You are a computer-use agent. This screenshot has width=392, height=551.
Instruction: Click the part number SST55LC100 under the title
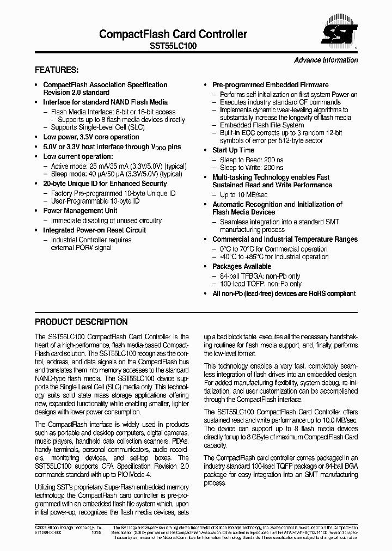[x=173, y=47]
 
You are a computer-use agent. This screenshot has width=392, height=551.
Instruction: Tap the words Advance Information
[x=326, y=60]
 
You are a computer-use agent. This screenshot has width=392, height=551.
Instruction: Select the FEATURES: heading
[x=57, y=70]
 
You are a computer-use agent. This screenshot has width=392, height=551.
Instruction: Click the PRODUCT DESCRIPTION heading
[x=81, y=322]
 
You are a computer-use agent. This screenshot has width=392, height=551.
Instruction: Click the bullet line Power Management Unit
[x=80, y=211]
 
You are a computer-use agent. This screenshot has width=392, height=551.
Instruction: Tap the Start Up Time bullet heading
[x=233, y=150]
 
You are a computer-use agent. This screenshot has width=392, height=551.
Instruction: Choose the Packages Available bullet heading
[x=241, y=267]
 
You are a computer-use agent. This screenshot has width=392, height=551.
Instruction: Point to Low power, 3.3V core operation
[x=91, y=137]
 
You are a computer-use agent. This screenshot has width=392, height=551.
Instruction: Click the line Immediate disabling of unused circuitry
[x=106, y=221]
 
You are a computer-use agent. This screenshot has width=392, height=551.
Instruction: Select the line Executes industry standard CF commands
[x=280, y=102]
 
